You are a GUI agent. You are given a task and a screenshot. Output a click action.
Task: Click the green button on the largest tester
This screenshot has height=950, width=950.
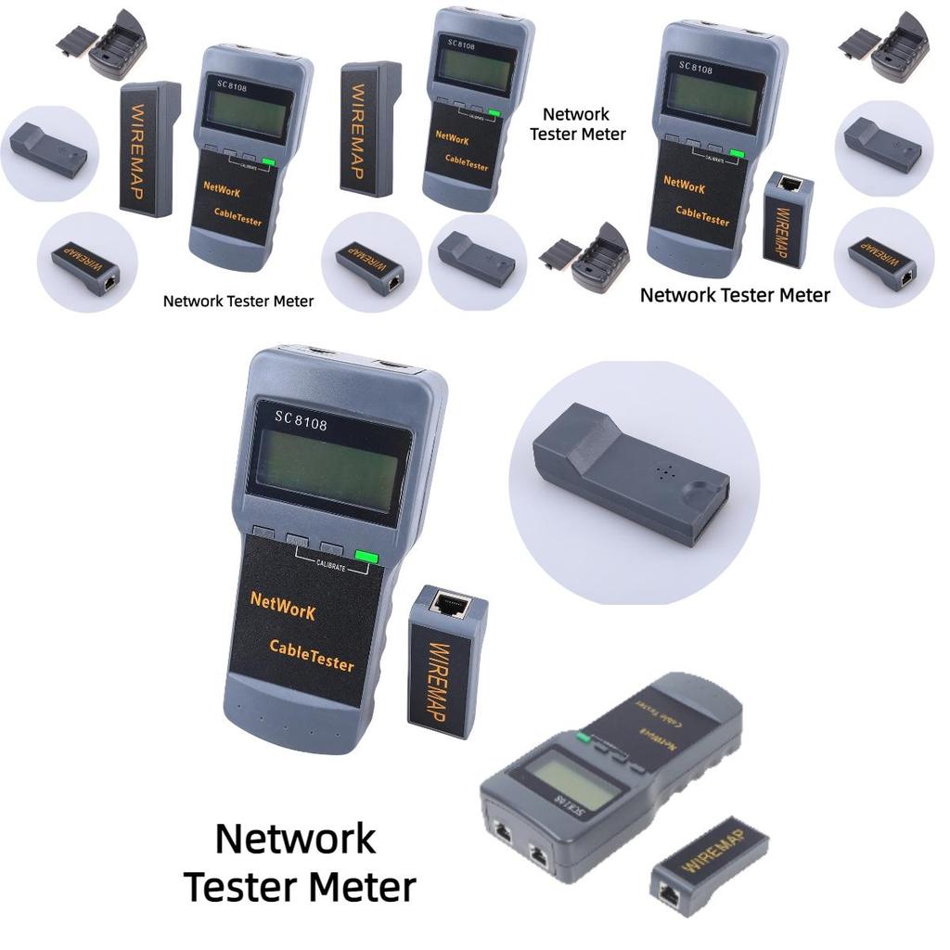pos(367,557)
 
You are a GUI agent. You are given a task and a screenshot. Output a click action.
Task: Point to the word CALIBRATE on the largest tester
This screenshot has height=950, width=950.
pos(331,565)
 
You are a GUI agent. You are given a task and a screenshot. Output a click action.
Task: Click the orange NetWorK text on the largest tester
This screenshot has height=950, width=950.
pos(283,606)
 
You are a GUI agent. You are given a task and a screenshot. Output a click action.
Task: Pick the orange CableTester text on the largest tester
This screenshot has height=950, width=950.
pos(312,654)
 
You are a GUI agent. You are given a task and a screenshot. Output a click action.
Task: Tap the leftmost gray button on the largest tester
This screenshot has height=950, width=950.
pos(263,533)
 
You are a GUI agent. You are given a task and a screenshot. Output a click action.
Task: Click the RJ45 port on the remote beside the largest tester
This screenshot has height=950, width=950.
pos(450,606)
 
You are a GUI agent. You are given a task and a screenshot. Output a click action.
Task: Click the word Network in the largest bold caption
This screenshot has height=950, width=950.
pos(296,839)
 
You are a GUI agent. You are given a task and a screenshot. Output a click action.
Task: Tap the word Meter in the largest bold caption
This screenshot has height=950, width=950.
pos(361,887)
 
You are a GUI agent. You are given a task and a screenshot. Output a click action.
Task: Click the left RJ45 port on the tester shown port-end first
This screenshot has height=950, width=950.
pos(503,831)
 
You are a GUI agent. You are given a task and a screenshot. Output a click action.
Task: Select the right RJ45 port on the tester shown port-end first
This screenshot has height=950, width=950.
pos(539,854)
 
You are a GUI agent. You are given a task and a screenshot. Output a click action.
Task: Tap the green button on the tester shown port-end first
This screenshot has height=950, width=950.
pos(582,738)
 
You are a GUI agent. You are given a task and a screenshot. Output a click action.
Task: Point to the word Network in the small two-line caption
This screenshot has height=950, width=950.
pos(576,114)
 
